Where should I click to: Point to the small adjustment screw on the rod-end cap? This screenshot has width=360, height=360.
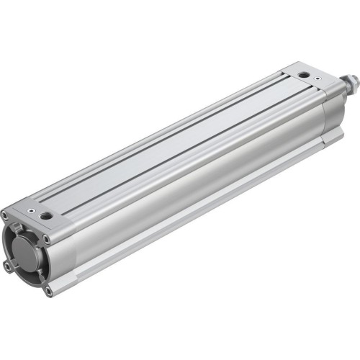tap(291, 71)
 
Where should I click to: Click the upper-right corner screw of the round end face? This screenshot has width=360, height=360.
tap(47, 238)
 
